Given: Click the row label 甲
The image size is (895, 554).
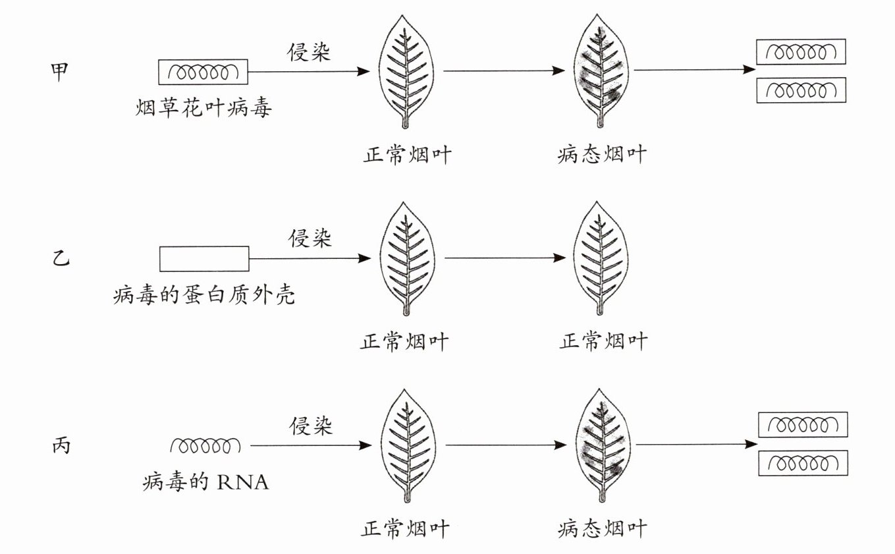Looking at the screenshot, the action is pos(60,72).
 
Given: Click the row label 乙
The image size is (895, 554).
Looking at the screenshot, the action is pos(60,258).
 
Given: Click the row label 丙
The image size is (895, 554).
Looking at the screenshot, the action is pos(60,446).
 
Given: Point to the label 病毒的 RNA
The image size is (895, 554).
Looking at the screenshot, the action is pos(206,483).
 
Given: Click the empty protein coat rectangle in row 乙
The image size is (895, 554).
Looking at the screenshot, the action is pos(204,258).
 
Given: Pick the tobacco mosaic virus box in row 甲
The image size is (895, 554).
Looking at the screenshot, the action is pos(203,72).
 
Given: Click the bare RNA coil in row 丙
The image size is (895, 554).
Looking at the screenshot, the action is pos(205,446).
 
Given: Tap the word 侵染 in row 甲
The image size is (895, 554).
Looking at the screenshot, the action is pos(309,52).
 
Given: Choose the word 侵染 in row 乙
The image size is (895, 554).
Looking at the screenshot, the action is pos(310,238).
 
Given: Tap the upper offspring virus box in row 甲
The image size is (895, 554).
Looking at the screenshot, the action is pos(800,52).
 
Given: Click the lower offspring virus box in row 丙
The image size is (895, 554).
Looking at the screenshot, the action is pos(803,463).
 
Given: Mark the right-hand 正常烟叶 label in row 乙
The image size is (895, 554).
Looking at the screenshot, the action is pos(603,341).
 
